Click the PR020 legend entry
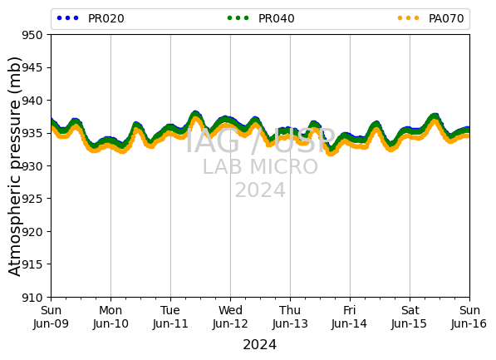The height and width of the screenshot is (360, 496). coord(91,18)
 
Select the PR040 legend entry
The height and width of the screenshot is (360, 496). coord(261,18)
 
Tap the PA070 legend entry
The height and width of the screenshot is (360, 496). coord(431,18)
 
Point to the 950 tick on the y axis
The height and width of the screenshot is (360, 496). coord(32,35)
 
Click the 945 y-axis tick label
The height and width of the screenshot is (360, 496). coord(32,67)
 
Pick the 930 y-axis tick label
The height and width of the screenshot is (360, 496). coord(32,166)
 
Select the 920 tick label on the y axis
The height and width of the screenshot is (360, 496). coord(32,232)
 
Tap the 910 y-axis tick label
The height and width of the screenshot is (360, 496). coord(32,298)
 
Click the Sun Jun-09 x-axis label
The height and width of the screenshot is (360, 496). coord(51,317)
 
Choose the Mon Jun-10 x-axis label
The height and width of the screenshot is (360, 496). coord(110,317)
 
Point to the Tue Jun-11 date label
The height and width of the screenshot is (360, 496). coord(170,317)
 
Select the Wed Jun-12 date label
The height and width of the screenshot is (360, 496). coord(230,317)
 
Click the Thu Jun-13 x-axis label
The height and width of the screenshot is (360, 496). coord(290,317)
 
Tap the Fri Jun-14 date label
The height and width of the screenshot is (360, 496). coord(350,317)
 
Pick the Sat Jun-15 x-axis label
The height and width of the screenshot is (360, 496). coord(410,317)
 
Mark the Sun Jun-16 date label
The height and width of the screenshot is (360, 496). coord(469,317)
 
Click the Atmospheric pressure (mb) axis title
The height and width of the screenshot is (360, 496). coord(14,166)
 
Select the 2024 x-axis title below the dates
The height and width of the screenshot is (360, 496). coord(260,344)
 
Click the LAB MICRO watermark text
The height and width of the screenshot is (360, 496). coord(260,167)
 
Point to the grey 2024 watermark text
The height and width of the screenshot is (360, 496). coord(260,190)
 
